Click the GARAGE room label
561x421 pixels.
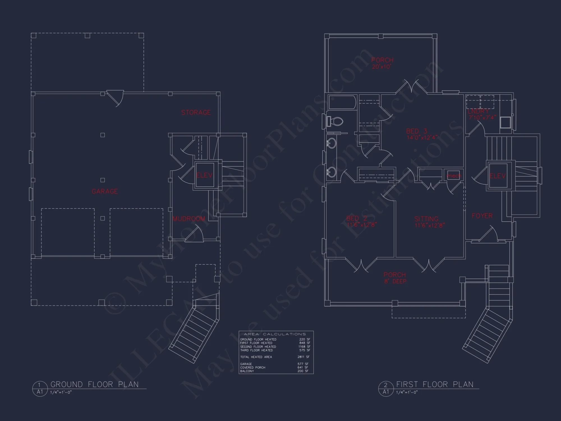[105, 191]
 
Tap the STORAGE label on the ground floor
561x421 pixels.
[196, 113]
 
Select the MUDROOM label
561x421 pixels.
[189, 219]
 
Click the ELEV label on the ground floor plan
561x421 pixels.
[204, 175]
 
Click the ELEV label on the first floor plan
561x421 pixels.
[498, 176]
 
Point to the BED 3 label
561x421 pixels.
[417, 131]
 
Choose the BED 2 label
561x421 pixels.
[357, 218]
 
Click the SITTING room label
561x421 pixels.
[426, 219]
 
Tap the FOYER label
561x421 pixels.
[482, 216]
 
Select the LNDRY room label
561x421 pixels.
[478, 111]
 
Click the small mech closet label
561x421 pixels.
[454, 176]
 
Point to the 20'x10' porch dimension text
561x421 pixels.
[381, 67]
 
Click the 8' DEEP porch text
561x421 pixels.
[395, 281]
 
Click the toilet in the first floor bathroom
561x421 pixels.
[335, 122]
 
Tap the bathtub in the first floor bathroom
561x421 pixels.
[342, 102]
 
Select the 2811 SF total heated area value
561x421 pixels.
[304, 357]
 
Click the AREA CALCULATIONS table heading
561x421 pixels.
[275, 334]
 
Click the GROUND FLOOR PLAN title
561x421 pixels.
[95, 384]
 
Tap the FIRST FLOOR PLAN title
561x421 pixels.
[434, 384]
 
